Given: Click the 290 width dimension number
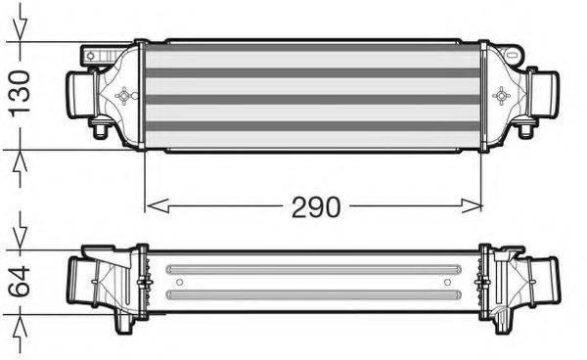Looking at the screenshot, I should pos(314,207).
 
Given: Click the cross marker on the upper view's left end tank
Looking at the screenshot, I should pos(124,95).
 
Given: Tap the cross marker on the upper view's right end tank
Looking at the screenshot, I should pos(503,95).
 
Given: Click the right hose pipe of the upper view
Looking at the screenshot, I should pos(544,94).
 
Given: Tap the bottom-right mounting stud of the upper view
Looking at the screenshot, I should pos(524,130).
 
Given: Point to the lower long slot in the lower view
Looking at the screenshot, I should pos(313,292).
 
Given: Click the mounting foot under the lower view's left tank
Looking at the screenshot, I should pos(125,323).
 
